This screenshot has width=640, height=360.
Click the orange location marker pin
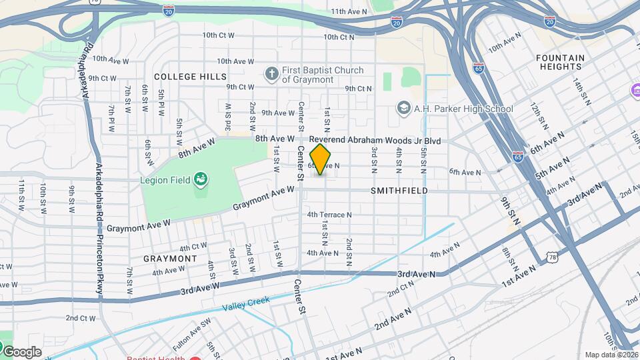coord(321,159)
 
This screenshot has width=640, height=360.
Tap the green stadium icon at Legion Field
coord(199,179)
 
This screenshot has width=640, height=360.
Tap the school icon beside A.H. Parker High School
coord(403,108)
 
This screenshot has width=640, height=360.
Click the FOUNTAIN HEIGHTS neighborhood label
coord(560,63)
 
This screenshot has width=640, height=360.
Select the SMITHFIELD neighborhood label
coord(399,191)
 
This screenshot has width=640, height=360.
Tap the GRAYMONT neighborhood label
coord(170,259)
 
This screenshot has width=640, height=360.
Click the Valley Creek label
coord(246,303)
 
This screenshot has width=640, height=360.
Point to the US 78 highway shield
coord(550,256)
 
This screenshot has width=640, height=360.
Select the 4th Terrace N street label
coord(329,215)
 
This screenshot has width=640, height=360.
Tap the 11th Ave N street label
coord(349,12)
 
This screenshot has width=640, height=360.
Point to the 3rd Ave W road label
coord(201,289)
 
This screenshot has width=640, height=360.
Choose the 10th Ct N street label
coord(340,37)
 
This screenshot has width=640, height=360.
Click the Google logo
coord(21,351)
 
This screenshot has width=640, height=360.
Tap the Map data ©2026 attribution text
coord(611,355)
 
